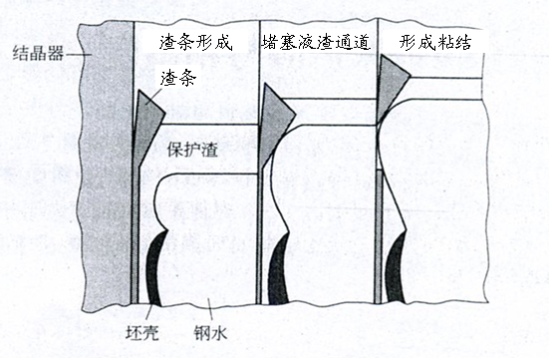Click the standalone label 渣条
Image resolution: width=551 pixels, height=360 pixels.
click(x=174, y=78)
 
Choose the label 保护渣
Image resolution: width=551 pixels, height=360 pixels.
click(x=193, y=150)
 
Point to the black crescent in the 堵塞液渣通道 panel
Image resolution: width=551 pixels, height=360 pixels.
click(x=277, y=269)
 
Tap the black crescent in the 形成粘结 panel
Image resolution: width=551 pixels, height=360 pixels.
click(x=396, y=268)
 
